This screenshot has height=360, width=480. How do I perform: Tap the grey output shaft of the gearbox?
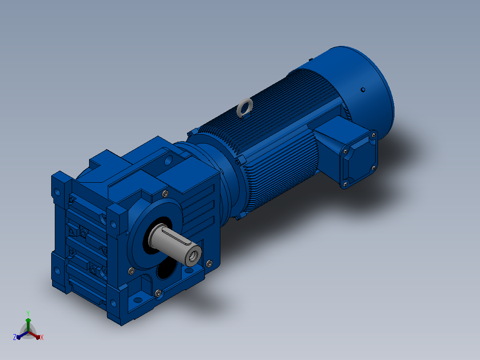pos(175,244)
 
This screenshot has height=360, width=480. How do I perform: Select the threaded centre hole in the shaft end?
pos(193,256)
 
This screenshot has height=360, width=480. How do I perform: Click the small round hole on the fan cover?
pos(363,90)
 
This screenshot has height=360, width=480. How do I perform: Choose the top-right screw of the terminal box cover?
pos(373,135)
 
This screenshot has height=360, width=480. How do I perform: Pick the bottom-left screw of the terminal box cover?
pos(346,184)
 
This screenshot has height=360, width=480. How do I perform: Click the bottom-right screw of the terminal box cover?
pos(374,168)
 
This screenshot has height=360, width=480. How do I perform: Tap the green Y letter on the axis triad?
pos(28,313)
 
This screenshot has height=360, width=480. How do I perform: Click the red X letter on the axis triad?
pos(42,337)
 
